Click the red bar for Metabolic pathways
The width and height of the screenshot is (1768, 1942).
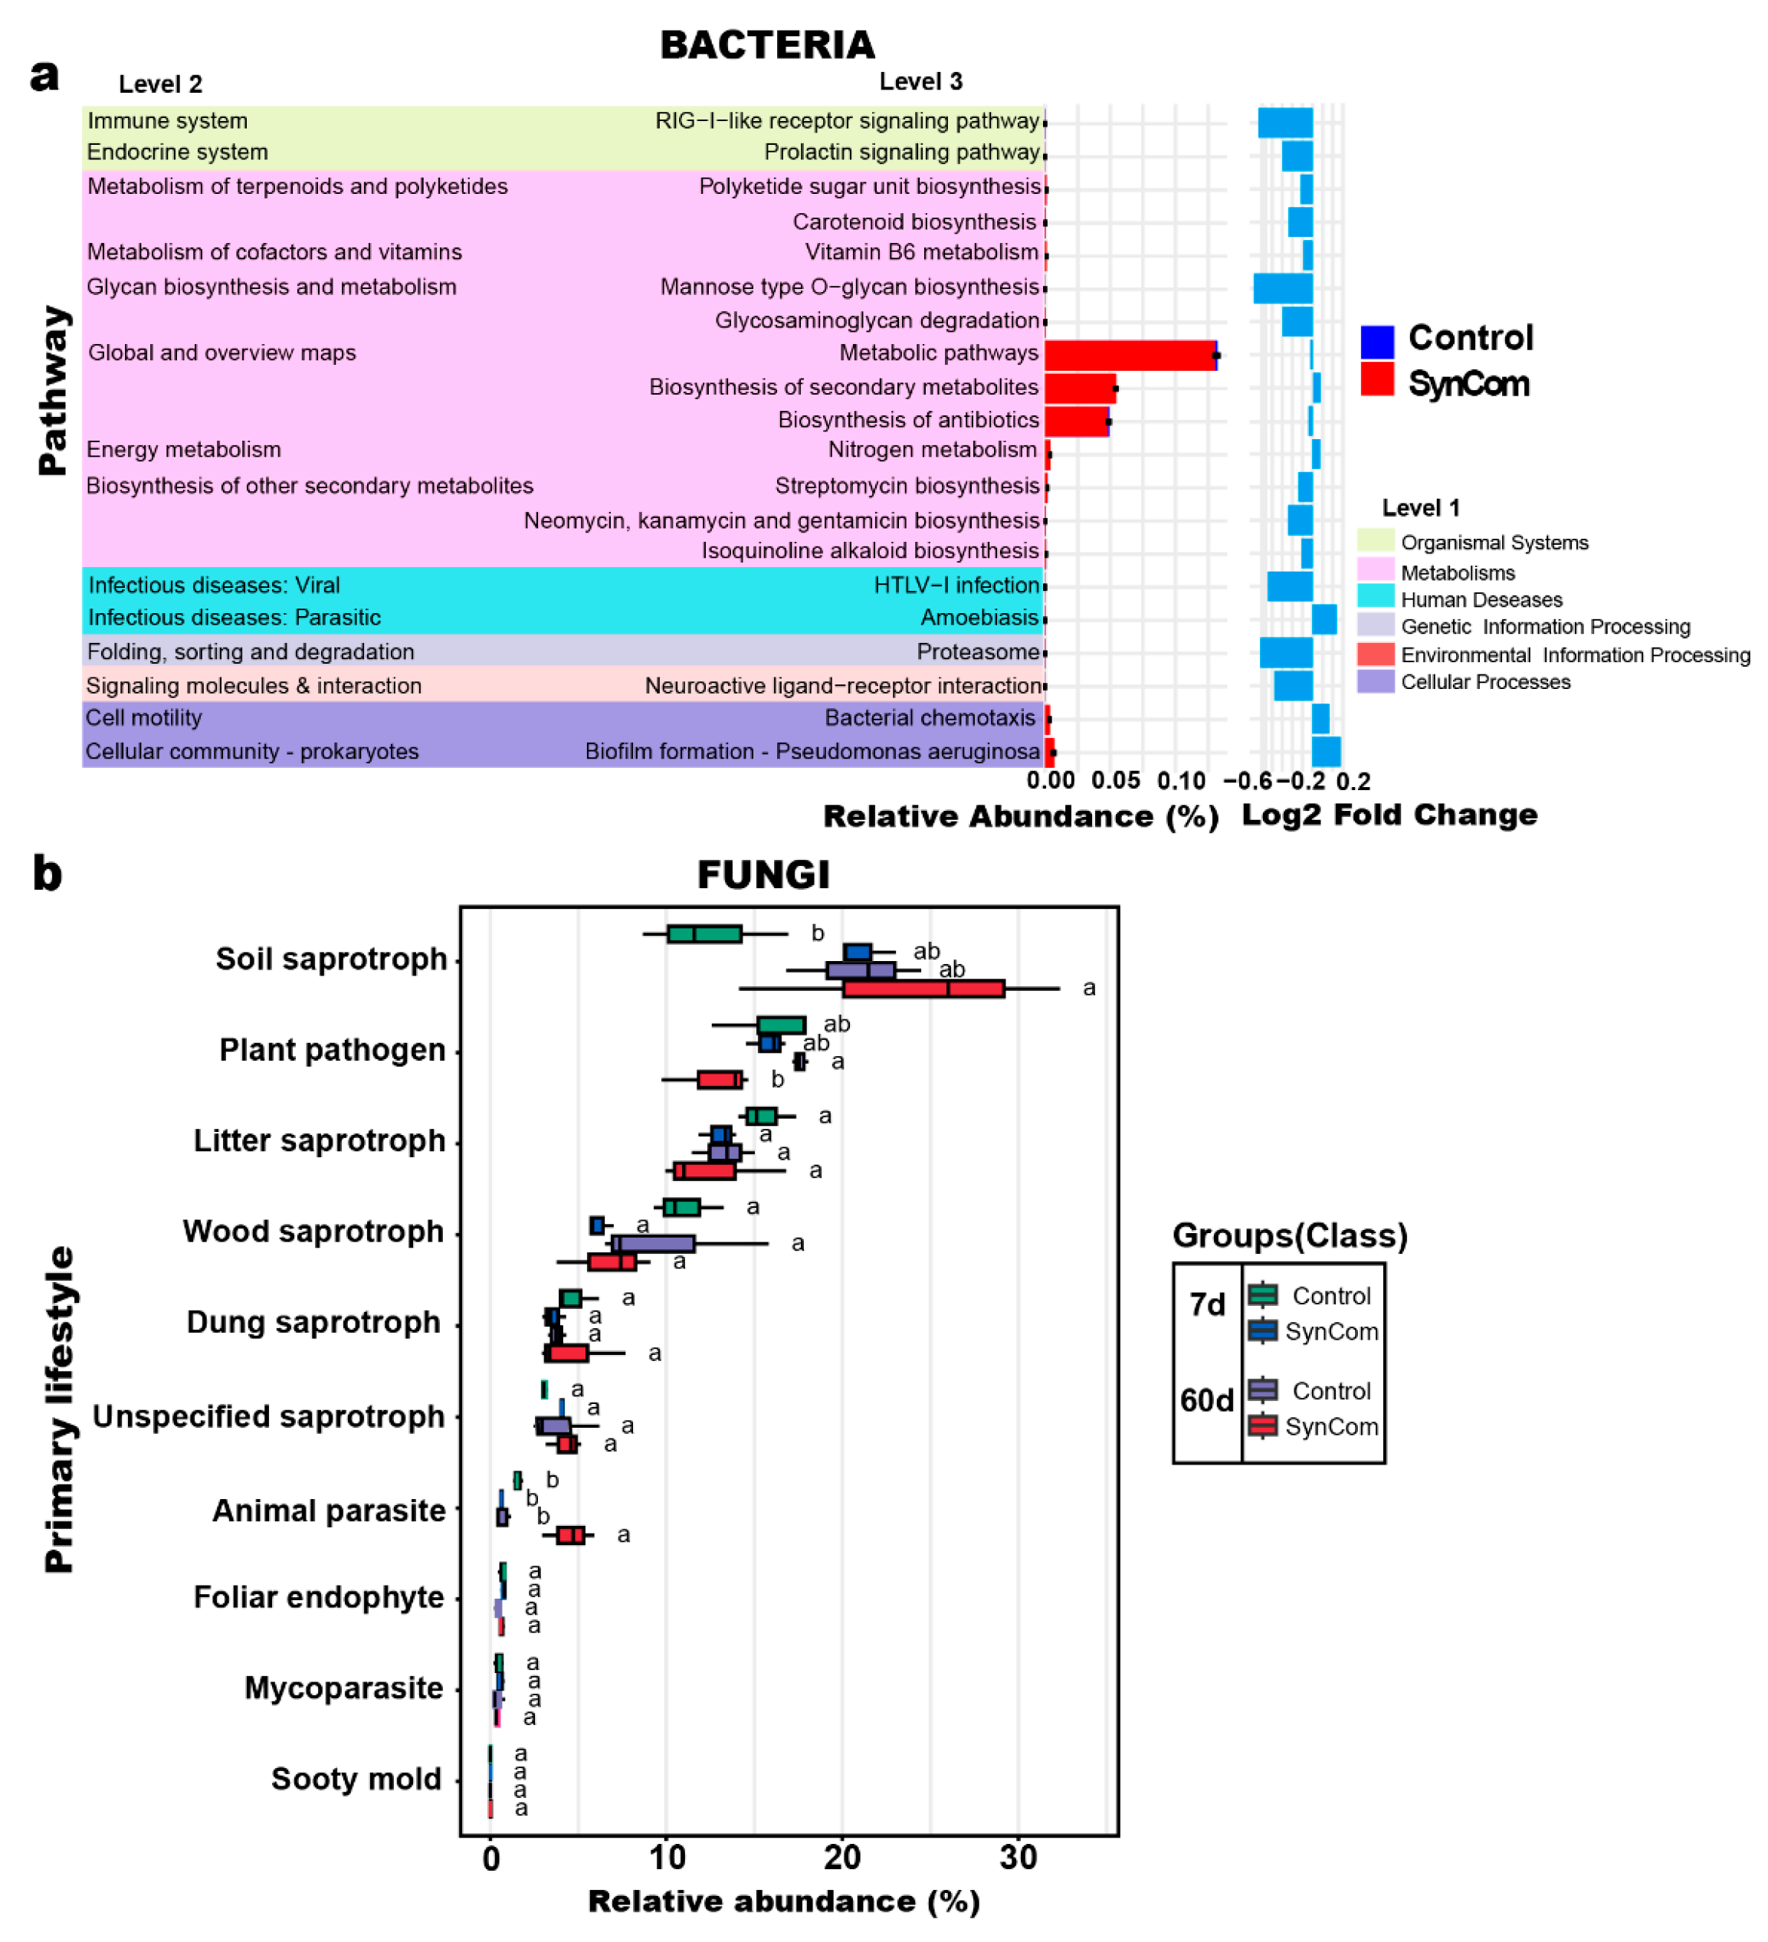[1128, 355]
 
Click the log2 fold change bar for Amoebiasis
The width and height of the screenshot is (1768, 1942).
[1323, 618]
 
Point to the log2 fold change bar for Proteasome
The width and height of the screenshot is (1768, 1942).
[1285, 652]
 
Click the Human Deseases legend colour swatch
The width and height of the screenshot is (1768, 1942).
[1375, 595]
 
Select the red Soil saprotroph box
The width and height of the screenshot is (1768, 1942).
[923, 989]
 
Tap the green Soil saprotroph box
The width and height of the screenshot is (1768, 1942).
[704, 933]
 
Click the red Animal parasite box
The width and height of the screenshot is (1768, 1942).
[570, 1534]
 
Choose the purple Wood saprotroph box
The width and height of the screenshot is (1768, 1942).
[653, 1244]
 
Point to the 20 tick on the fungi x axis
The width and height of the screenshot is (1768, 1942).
[842, 1857]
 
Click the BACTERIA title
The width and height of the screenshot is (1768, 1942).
[767, 44]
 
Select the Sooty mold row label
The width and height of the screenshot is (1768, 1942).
[356, 1778]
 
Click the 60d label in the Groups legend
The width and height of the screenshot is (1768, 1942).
[1206, 1399]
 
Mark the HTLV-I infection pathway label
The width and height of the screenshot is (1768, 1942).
[956, 585]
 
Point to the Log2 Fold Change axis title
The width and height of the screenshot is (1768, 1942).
[1389, 815]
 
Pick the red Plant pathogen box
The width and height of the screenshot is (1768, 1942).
[720, 1079]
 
